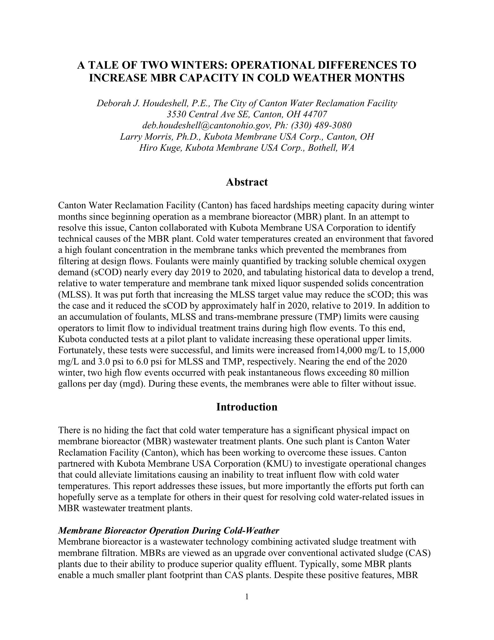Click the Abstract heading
pyautogui.click(x=247, y=182)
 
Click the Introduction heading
pyautogui.click(x=247, y=407)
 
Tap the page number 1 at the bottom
pyautogui.click(x=247, y=597)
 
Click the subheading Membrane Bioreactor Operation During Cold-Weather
pyautogui.click(x=169, y=531)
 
